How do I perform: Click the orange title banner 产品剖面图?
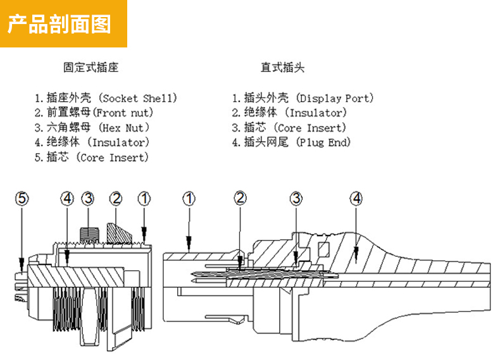tap(63, 23)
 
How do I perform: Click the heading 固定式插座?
tap(91, 67)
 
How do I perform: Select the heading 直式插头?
tap(282, 67)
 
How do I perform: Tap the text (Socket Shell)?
tap(139, 98)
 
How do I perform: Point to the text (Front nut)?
tap(123, 113)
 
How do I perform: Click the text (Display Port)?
tap(335, 98)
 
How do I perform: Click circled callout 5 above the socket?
tap(23, 199)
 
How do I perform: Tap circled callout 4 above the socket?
tap(67, 199)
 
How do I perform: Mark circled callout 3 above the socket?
tap(87, 199)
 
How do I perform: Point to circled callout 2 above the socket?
tap(115, 199)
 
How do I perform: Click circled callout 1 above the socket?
tap(144, 199)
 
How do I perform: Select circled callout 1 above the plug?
tap(189, 199)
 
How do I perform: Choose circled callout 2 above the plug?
tap(240, 199)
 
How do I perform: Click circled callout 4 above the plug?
tap(356, 199)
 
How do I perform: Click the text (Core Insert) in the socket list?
tap(114, 158)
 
